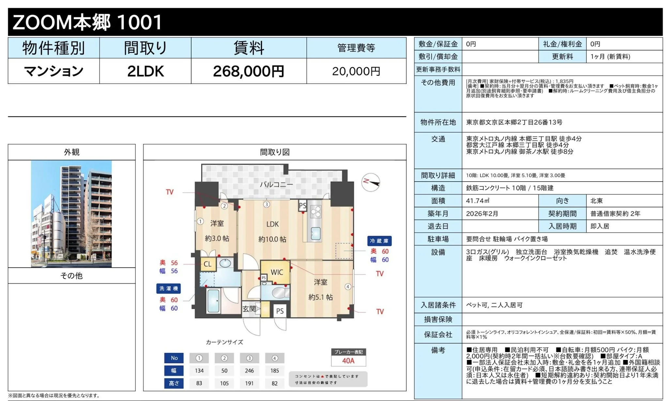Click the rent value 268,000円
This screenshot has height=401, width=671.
tap(249, 71)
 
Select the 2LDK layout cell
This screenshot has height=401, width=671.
tap(146, 71)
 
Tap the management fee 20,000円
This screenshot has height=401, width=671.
tap(356, 71)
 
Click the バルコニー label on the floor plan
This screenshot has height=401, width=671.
tap(276, 185)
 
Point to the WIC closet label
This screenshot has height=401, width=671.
tap(277, 273)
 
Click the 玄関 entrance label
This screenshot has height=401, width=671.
tap(249, 309)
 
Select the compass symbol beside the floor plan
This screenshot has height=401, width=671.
tap(371, 182)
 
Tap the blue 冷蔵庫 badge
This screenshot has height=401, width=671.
tap(379, 241)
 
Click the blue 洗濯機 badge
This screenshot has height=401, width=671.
tap(168, 289)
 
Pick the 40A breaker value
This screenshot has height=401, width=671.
tap(348, 361)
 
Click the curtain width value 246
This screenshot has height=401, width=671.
tap(249, 371)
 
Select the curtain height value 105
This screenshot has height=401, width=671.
tap(224, 383)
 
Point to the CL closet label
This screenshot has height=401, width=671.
tap(208, 264)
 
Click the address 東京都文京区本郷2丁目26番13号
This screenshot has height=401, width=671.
tap(514, 122)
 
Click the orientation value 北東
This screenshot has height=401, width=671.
tap(597, 201)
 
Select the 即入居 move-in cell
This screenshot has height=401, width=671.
tap(600, 226)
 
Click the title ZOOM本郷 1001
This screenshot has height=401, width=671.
tap(87, 22)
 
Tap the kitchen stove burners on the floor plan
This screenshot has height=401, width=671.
tap(316, 212)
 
